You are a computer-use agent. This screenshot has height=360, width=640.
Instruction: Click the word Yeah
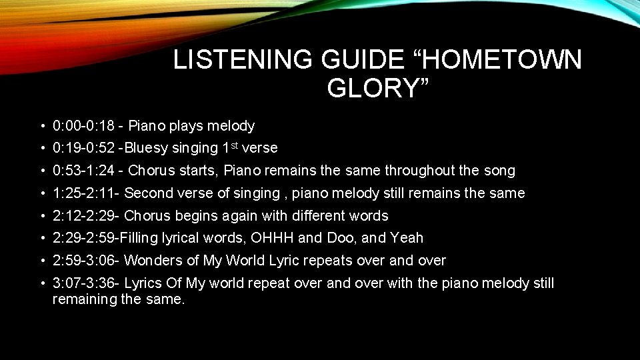[x=407, y=238]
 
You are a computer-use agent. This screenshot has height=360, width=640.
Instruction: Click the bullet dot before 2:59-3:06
[x=42, y=261]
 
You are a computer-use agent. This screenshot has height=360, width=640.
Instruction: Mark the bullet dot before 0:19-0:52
[x=42, y=149]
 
